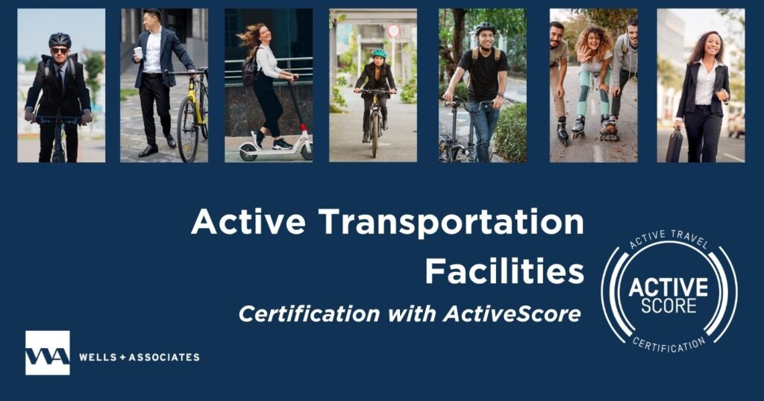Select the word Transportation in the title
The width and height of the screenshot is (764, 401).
451,222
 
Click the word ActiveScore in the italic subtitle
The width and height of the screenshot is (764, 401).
512,313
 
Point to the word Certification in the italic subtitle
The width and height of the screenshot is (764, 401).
310,313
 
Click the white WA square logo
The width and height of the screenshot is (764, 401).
47,353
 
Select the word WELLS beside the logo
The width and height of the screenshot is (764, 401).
98,357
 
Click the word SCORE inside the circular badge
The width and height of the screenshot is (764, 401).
668,306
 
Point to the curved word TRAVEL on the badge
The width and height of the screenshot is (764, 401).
689,239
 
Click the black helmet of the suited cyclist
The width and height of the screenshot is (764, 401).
60,40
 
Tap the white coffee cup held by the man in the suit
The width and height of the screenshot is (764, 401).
138,52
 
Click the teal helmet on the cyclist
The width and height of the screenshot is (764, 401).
379,53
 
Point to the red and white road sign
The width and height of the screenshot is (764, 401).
394,31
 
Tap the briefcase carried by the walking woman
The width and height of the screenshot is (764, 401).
674,145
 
